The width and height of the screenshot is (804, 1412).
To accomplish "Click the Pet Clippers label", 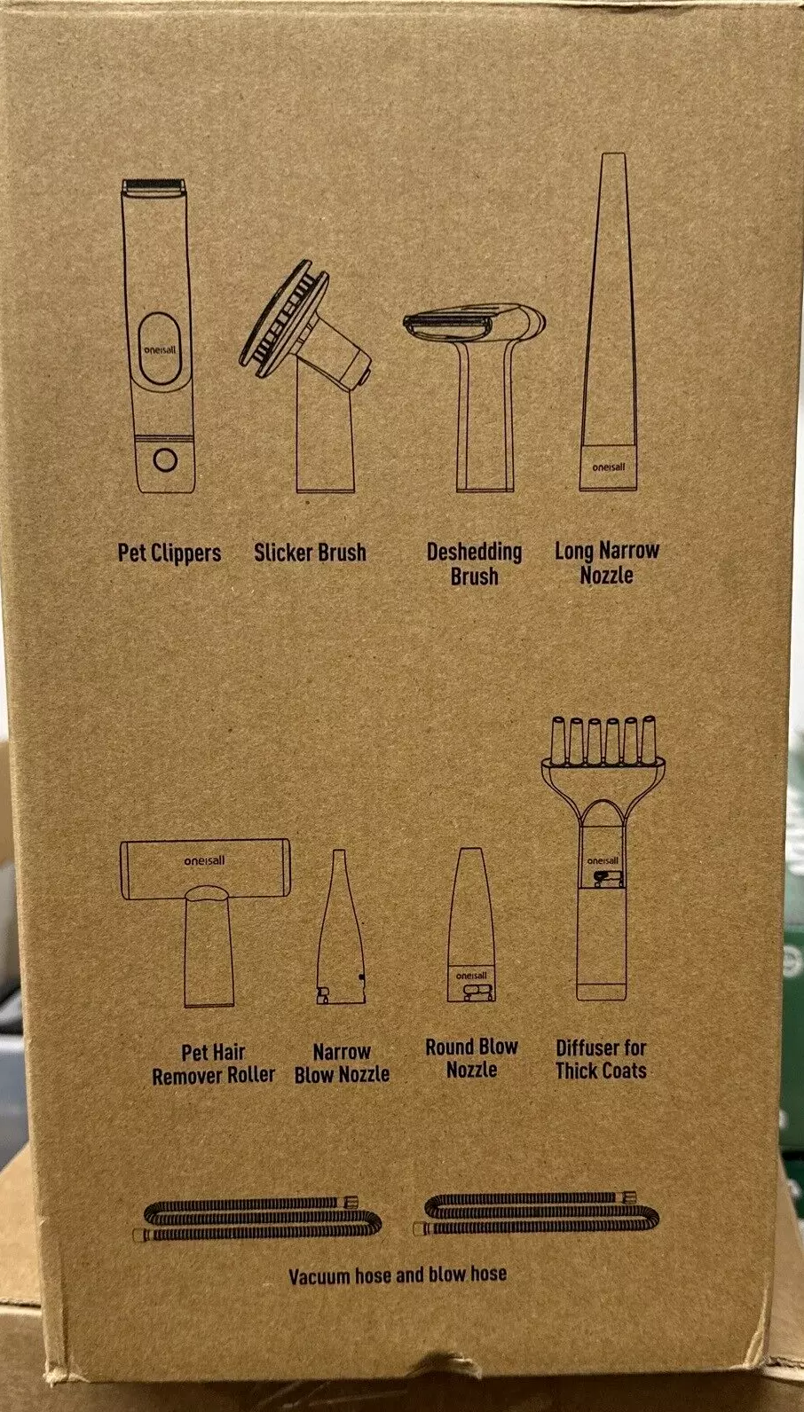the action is click(169, 553).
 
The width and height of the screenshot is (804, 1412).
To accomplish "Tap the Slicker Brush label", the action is click(311, 553).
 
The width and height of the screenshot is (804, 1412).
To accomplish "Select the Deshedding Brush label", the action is click(474, 563).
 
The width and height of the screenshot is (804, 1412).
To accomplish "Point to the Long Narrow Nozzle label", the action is click(607, 562).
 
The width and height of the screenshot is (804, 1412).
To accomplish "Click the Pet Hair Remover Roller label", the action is click(214, 1063).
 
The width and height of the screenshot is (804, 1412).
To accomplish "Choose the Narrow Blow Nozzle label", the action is click(342, 1063).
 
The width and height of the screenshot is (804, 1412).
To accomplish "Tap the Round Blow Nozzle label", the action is click(472, 1058).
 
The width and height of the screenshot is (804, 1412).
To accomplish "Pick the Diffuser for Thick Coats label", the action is click(601, 1059).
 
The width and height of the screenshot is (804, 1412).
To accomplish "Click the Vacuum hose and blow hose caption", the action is click(398, 1275).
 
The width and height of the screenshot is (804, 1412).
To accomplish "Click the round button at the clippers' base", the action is click(165, 460).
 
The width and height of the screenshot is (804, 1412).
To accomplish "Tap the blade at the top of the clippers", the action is click(154, 186).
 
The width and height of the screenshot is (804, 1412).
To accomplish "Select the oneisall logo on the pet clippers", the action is click(160, 349).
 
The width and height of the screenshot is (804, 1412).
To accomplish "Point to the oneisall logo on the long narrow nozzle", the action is click(609, 467).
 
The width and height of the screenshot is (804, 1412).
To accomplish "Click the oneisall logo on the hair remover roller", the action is click(204, 860).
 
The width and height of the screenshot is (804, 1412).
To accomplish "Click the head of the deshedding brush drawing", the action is click(474, 324).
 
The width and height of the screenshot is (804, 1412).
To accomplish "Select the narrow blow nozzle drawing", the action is click(341, 926).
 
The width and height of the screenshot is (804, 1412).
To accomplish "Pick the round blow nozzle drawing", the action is click(471, 925).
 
